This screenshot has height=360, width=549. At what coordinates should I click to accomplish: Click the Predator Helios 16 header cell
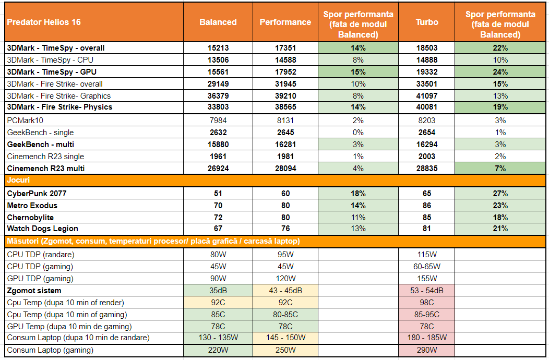pyautogui.click(x=44, y=22)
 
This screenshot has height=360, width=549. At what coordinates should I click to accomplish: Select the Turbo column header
pyautogui.click(x=426, y=22)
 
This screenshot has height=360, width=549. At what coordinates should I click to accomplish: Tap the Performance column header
pyautogui.click(x=285, y=22)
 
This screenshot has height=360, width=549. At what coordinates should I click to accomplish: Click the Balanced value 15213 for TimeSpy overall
pyautogui.click(x=218, y=48)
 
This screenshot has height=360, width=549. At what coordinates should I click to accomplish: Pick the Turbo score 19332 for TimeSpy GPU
pyautogui.click(x=426, y=72)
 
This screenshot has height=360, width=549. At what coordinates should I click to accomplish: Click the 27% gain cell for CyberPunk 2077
pyautogui.click(x=500, y=194)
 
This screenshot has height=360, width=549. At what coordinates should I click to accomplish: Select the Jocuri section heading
pyautogui.click(x=19, y=181)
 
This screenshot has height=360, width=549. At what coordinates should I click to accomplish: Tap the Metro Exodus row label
pyautogui.click(x=32, y=206)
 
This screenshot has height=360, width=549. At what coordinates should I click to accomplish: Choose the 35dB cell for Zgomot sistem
pyautogui.click(x=218, y=291)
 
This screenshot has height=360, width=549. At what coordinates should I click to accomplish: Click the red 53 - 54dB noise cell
pyautogui.click(x=426, y=291)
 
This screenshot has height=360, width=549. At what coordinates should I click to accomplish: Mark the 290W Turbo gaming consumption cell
pyautogui.click(x=426, y=350)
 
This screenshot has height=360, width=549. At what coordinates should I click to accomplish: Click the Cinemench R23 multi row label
pyautogui.click(x=46, y=168)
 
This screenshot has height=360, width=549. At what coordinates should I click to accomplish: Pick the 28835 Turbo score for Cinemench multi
pyautogui.click(x=426, y=168)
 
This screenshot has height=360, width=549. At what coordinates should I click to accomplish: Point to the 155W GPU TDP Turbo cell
pyautogui.click(x=426, y=279)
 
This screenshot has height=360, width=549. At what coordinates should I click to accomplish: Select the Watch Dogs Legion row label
pyautogui.click(x=43, y=229)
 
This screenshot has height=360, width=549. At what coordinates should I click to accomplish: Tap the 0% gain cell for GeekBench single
pyautogui.click(x=357, y=133)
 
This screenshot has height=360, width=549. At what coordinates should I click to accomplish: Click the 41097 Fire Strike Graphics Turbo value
pyautogui.click(x=426, y=96)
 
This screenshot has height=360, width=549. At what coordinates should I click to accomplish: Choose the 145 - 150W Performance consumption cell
pyautogui.click(x=285, y=338)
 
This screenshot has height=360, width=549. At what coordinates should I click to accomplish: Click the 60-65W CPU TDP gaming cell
pyautogui.click(x=426, y=267)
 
